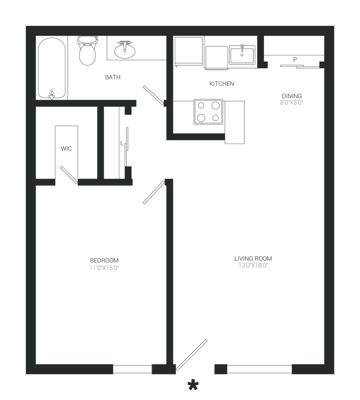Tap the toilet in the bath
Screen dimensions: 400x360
coord(86,52)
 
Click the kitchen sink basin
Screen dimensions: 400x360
coord(242,55)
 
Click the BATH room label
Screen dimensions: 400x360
coord(113,77)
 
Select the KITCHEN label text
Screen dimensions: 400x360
coord(222,84)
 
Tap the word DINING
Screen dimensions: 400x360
coord(291,95)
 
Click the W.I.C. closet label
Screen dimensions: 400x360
coord(66,149)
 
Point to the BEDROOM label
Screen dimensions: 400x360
coord(104,260)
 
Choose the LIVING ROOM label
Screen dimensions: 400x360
coord(253,259)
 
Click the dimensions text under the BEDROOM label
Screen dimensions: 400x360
coord(104,268)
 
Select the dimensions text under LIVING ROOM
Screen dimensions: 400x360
coord(253,266)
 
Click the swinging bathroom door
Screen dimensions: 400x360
coord(153,94)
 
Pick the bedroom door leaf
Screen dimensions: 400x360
coord(153,192)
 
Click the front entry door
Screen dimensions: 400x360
coord(192,355)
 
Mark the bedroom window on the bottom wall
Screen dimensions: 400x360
coord(133,369)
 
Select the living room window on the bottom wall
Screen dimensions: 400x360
coord(259,369)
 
